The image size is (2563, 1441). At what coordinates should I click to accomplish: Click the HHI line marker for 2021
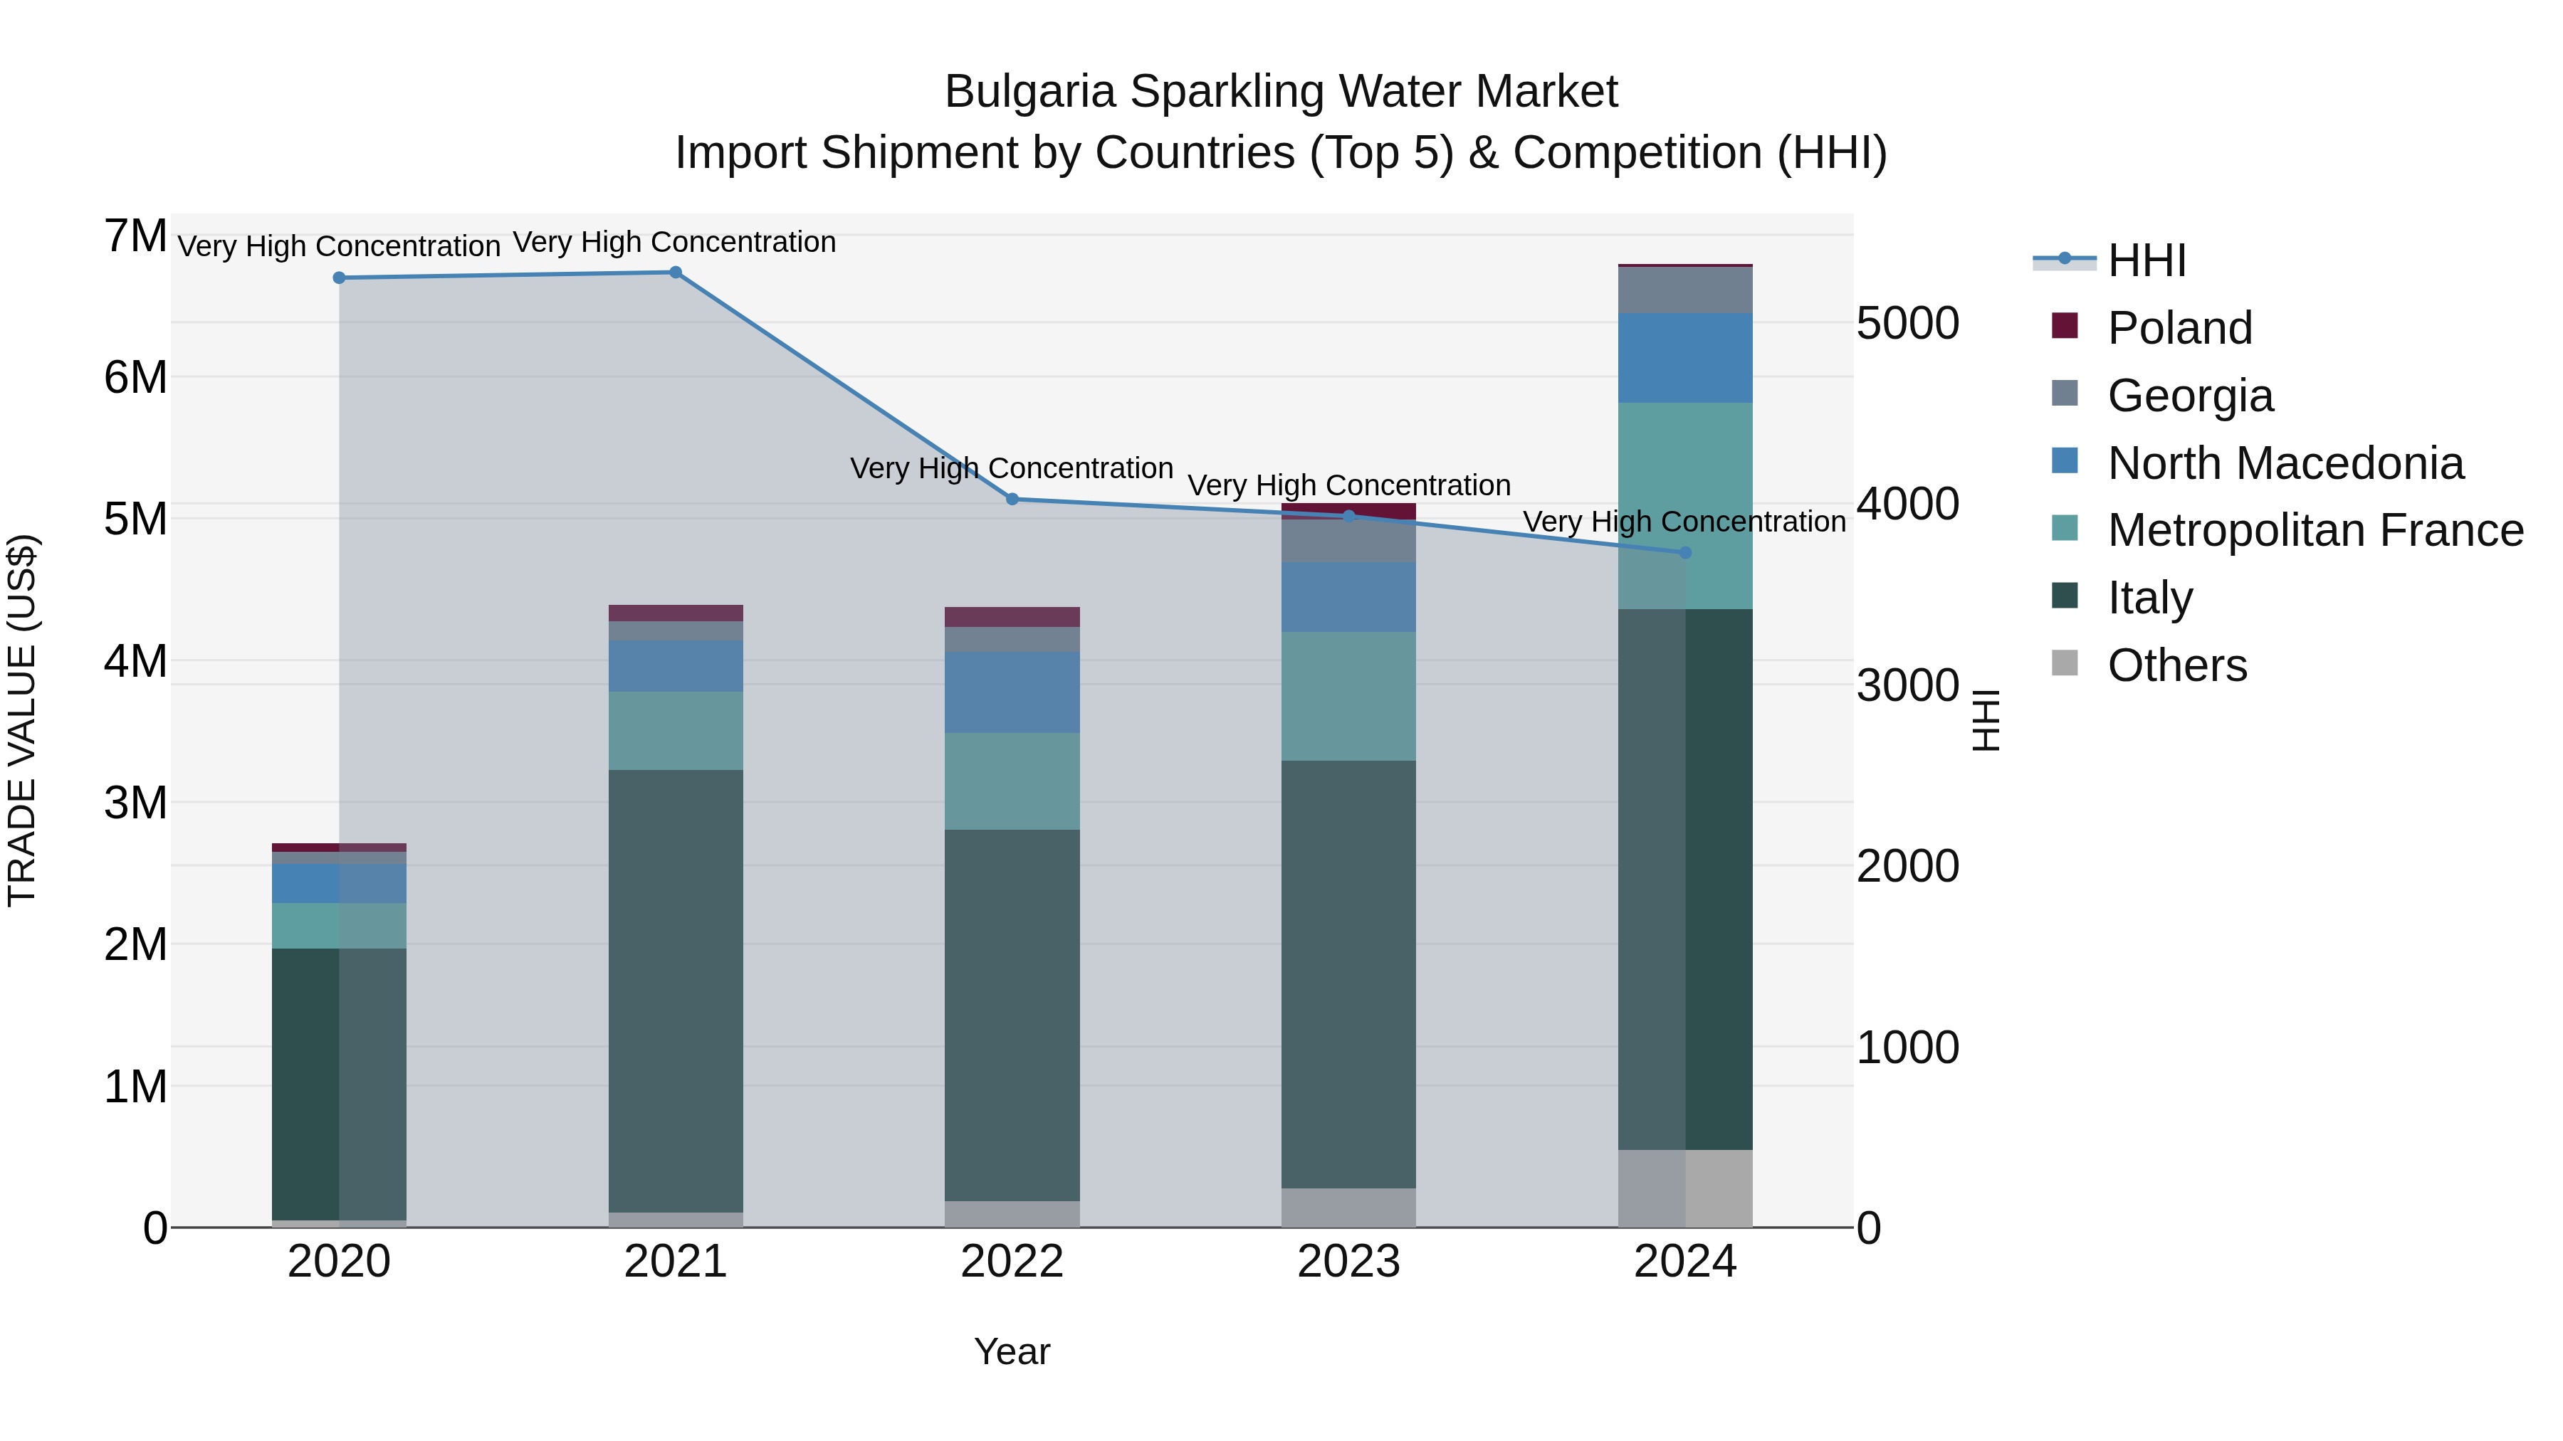pyautogui.click(x=675, y=273)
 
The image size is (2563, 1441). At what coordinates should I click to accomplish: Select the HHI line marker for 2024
pyautogui.click(x=1684, y=553)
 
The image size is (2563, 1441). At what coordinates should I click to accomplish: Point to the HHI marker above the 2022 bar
pyautogui.click(x=1012, y=500)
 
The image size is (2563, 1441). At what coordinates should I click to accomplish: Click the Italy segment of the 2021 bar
pyautogui.click(x=675, y=990)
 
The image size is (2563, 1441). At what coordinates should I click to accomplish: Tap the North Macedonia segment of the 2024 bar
pyautogui.click(x=1684, y=358)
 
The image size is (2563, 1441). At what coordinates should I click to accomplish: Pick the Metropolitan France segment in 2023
pyautogui.click(x=1348, y=696)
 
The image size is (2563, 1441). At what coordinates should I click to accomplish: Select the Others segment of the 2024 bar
pyautogui.click(x=1684, y=1188)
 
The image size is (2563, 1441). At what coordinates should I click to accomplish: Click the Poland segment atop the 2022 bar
pyautogui.click(x=1012, y=616)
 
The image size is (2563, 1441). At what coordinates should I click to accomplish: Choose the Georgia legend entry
pyautogui.click(x=2189, y=396)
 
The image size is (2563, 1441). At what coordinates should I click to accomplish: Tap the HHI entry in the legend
pyautogui.click(x=2146, y=260)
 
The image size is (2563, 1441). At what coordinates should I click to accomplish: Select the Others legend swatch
pyautogui.click(x=2065, y=663)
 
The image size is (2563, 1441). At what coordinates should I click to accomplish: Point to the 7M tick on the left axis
pyautogui.click(x=135, y=237)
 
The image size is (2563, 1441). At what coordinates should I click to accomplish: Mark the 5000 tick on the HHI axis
pyautogui.click(x=1907, y=324)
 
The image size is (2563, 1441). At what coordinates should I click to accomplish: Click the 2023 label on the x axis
pyautogui.click(x=1348, y=1262)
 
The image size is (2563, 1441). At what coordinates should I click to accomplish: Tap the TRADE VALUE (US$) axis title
pyautogui.click(x=22, y=720)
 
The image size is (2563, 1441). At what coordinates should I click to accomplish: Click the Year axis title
pyautogui.click(x=1012, y=1351)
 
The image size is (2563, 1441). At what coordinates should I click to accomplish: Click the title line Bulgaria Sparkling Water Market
pyautogui.click(x=1281, y=92)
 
